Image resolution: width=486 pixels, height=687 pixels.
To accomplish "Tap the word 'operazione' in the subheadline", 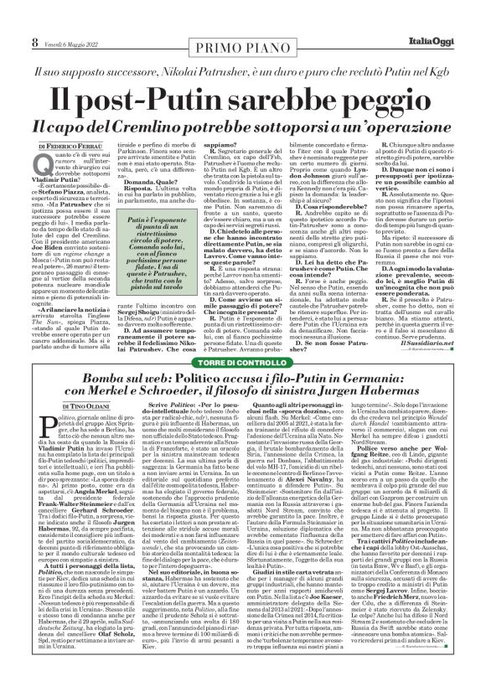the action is tap(411, 128).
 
